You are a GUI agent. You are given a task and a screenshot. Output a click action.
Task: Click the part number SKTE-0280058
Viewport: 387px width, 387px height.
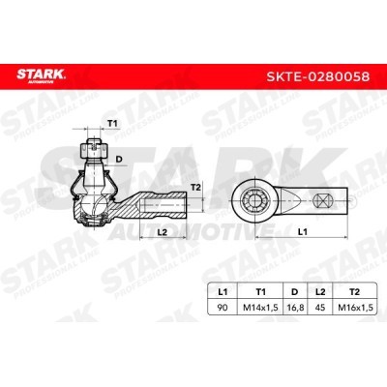click(317, 76)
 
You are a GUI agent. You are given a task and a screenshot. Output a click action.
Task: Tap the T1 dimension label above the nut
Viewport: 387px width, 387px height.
click(112, 123)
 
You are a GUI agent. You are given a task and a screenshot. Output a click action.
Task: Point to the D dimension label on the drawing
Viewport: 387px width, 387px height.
click(119, 159)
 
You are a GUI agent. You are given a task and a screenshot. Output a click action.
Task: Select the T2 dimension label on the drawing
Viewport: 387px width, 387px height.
click(196, 187)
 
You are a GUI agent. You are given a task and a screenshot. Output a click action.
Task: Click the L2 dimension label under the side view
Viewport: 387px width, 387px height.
click(163, 232)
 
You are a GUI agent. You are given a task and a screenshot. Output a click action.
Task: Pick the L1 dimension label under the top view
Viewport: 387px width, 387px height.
click(302, 231)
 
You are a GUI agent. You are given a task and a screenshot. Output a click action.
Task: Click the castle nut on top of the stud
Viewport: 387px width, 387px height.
click(94, 149)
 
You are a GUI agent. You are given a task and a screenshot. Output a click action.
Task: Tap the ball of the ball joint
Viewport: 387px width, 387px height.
click(94, 206)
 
